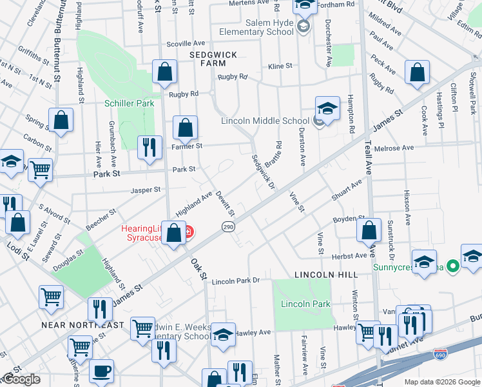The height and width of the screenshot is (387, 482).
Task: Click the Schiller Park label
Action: [130, 103]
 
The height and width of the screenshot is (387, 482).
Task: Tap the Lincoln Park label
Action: [305, 304]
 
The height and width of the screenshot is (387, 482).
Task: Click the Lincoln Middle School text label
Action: [265, 121]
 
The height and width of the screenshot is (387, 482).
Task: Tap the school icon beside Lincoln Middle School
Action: [327, 108]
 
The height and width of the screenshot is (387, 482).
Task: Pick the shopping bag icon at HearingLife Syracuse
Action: [173, 232]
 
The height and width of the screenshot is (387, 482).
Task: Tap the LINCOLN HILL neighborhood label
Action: [325, 275]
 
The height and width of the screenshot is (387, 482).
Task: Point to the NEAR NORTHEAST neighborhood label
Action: [82, 325]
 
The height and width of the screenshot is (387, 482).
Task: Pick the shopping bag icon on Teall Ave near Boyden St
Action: [369, 230]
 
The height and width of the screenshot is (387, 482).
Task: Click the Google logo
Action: [21, 380]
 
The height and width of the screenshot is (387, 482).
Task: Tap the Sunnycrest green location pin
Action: [452, 265]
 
